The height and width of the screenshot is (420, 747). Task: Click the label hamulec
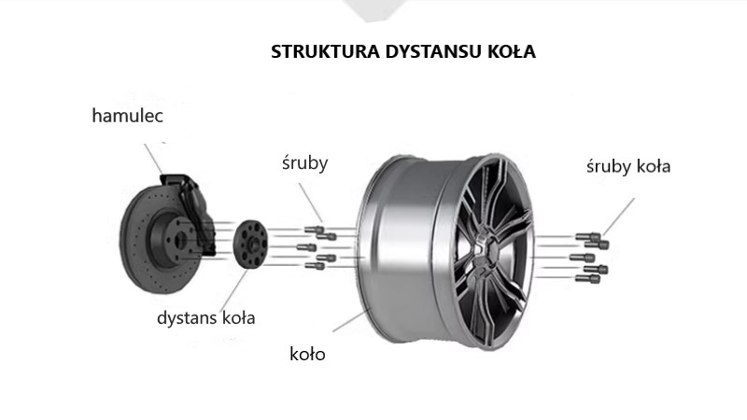(x=129, y=116)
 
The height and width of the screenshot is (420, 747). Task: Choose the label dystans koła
(x=205, y=317)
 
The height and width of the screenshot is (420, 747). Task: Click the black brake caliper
(x=190, y=210)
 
